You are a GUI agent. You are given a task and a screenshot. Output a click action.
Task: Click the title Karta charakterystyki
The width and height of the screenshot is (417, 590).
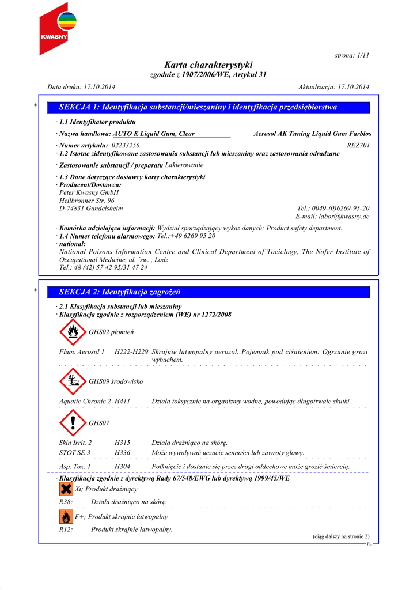pyautogui.click(x=208, y=65)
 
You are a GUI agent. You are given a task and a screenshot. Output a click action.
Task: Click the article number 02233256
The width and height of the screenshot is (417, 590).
pyautogui.click(x=126, y=146)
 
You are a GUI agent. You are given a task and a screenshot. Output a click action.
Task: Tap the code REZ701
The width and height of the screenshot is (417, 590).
pyautogui.click(x=358, y=146)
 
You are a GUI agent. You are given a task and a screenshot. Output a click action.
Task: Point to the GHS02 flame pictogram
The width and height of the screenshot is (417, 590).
pyautogui.click(x=73, y=332)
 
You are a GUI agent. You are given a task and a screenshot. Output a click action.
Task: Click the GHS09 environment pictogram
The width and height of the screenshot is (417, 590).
pyautogui.click(x=73, y=381)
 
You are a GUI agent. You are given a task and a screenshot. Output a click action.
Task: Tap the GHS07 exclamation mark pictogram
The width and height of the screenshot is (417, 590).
pyautogui.click(x=73, y=423)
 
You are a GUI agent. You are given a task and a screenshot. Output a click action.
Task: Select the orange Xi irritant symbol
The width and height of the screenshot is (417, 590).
pyautogui.click(x=66, y=489)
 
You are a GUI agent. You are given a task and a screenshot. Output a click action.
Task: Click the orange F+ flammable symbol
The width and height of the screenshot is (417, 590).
pyautogui.click(x=66, y=517)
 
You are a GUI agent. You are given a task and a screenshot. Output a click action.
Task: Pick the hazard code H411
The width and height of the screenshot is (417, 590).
pyautogui.click(x=122, y=401)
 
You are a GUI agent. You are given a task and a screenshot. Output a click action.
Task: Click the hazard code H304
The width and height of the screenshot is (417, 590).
pyautogui.click(x=122, y=466)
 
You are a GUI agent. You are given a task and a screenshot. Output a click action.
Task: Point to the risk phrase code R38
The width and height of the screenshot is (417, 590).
pyautogui.click(x=66, y=502)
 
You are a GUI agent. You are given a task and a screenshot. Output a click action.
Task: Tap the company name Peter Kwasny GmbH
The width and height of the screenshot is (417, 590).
pyautogui.click(x=89, y=192)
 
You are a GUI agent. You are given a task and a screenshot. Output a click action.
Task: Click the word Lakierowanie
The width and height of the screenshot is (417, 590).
pyautogui.click(x=184, y=165)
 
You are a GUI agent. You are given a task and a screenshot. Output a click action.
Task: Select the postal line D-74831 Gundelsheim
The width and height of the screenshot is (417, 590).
pyautogui.click(x=91, y=208)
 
